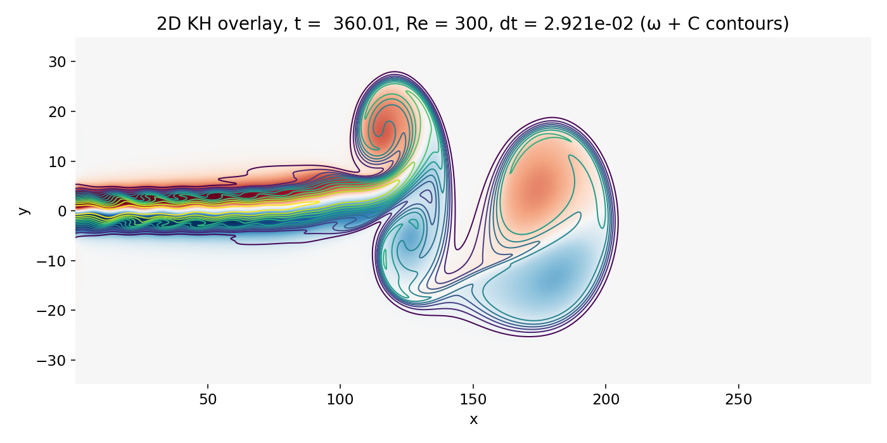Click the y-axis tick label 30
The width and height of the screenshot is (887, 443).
58,62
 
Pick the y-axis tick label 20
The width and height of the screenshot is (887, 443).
58,111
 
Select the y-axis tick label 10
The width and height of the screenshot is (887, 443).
58,161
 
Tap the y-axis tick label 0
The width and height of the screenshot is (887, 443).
62,211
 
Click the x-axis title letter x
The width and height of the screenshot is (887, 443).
473,419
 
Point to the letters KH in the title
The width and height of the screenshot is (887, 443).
200,24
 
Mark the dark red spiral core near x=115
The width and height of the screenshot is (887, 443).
382,133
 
